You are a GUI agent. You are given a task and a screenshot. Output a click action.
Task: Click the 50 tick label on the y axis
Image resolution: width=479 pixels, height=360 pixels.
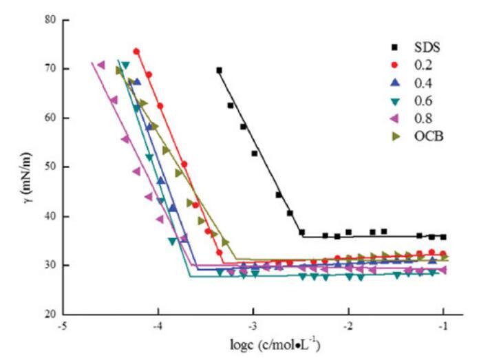click(49, 167)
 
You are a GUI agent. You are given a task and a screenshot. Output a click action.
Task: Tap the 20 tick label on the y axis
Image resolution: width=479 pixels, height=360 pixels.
click(49, 314)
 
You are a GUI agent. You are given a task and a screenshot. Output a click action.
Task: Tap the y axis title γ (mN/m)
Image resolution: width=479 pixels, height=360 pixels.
click(23, 167)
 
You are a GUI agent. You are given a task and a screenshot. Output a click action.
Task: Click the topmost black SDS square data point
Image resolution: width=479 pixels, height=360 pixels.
click(220, 70)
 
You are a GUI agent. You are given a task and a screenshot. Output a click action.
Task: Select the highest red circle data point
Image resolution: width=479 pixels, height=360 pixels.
click(136, 52)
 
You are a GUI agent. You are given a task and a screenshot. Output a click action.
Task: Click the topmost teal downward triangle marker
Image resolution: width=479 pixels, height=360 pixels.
click(126, 65)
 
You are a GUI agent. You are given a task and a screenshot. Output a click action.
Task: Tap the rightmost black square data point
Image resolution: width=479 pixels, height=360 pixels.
click(443, 237)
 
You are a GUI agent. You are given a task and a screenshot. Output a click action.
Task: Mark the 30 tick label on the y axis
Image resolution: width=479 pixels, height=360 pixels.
click(49, 265)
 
